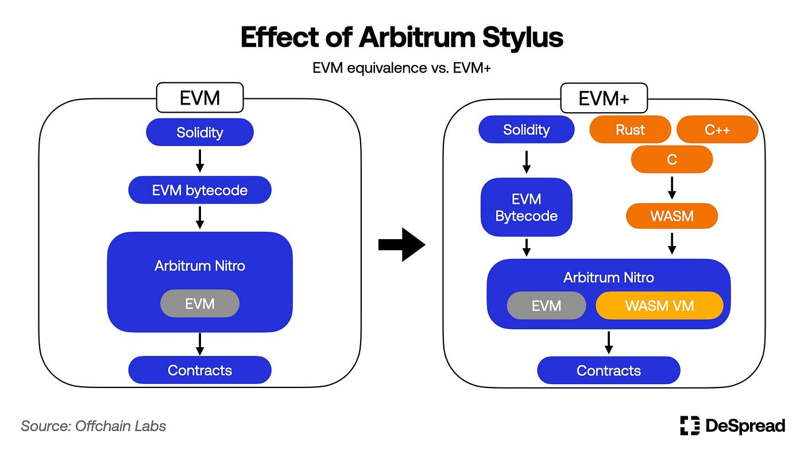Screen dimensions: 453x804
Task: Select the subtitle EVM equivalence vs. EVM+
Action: pyautogui.click(x=401, y=68)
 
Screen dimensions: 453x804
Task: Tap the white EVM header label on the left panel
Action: pyautogui.click(x=200, y=98)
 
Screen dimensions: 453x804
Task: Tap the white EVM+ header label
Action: pyautogui.click(x=604, y=98)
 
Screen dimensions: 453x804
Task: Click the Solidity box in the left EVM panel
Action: pyautogui.click(x=200, y=132)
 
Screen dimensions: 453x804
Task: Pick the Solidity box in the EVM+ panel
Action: pyautogui.click(x=526, y=129)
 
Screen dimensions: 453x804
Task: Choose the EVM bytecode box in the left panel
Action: pyautogui.click(x=200, y=190)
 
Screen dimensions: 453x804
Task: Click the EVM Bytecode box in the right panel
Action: pyautogui.click(x=526, y=208)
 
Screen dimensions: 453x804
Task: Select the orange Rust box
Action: pyautogui.click(x=630, y=129)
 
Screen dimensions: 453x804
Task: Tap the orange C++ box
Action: pyautogui.click(x=717, y=129)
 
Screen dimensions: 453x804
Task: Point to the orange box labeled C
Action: pyautogui.click(x=671, y=159)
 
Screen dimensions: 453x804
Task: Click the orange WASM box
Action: pyautogui.click(x=671, y=216)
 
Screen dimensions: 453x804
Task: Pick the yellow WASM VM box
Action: pyautogui.click(x=659, y=305)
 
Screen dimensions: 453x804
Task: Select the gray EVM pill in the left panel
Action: pyautogui.click(x=200, y=304)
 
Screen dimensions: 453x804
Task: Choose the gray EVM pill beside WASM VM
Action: pyautogui.click(x=546, y=305)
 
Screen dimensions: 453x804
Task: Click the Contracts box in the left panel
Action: pyautogui.click(x=200, y=370)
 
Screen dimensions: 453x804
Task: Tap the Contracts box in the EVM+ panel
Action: pyautogui.click(x=608, y=370)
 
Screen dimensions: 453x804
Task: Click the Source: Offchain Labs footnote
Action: pyautogui.click(x=94, y=426)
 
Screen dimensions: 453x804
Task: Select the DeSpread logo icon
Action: pyautogui.click(x=690, y=425)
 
